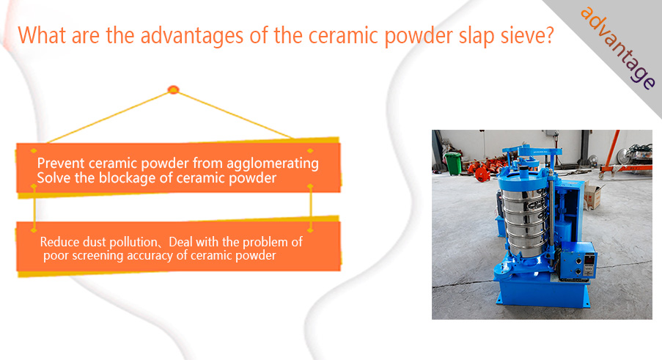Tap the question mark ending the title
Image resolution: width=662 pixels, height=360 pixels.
549,35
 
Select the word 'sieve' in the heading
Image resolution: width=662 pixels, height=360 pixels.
522,35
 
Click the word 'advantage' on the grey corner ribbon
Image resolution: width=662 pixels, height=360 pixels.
618,48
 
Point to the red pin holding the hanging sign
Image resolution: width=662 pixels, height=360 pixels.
174,89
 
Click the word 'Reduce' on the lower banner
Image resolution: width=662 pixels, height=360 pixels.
59,242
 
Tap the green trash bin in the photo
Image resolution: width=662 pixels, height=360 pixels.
453,163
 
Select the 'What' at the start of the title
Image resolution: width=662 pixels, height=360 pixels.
43,35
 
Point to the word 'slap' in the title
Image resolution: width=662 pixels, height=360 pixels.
477,37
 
